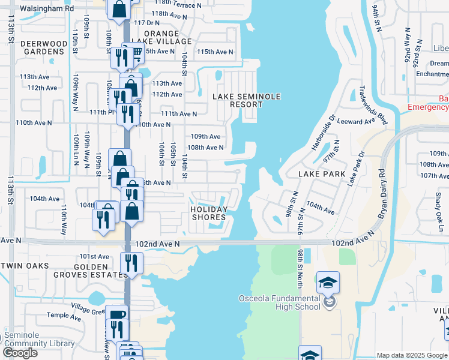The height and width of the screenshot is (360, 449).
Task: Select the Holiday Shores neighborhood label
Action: point(209,213)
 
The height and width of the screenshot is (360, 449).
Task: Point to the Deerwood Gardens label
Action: point(43,47)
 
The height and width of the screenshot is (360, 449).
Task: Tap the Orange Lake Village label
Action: point(161,38)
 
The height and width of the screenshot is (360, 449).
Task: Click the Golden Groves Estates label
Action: point(100,271)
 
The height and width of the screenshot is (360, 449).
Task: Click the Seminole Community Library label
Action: point(40,340)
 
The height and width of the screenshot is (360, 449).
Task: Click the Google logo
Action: point(20,353)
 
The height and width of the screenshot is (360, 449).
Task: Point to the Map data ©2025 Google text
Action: point(411,355)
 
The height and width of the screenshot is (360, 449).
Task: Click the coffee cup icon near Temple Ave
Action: point(116,314)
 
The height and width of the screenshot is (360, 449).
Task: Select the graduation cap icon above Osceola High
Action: point(328,282)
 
